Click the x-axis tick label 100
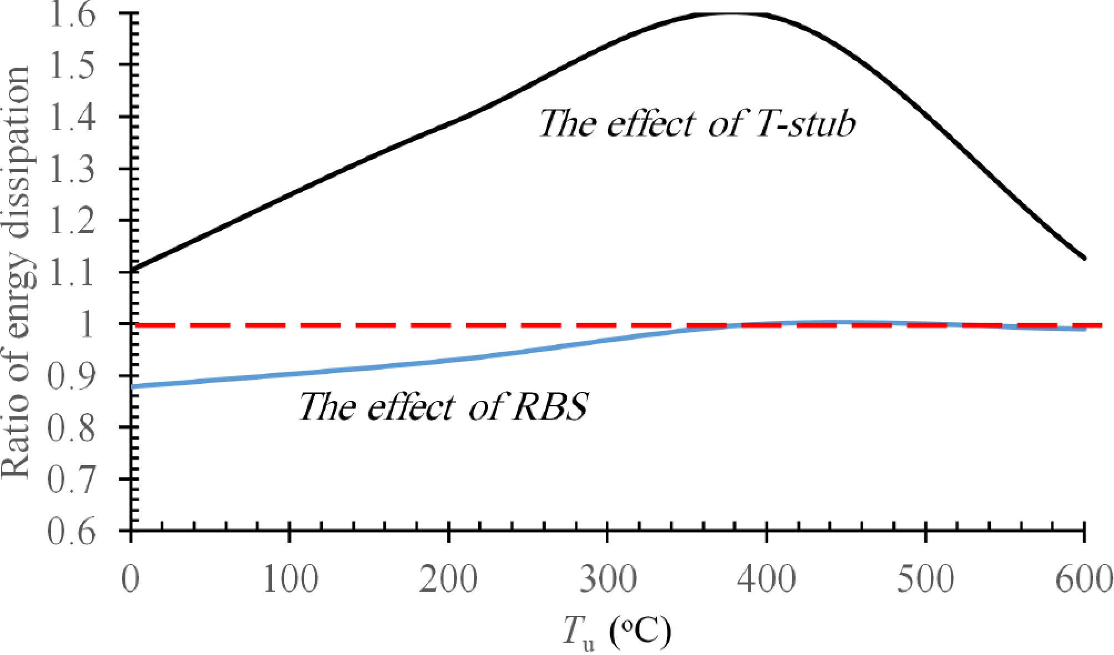tap(290, 580)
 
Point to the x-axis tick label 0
tap(131, 580)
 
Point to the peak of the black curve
tap(727, 12)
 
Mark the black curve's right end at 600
tap(1084, 258)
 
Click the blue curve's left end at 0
tap(132, 386)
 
